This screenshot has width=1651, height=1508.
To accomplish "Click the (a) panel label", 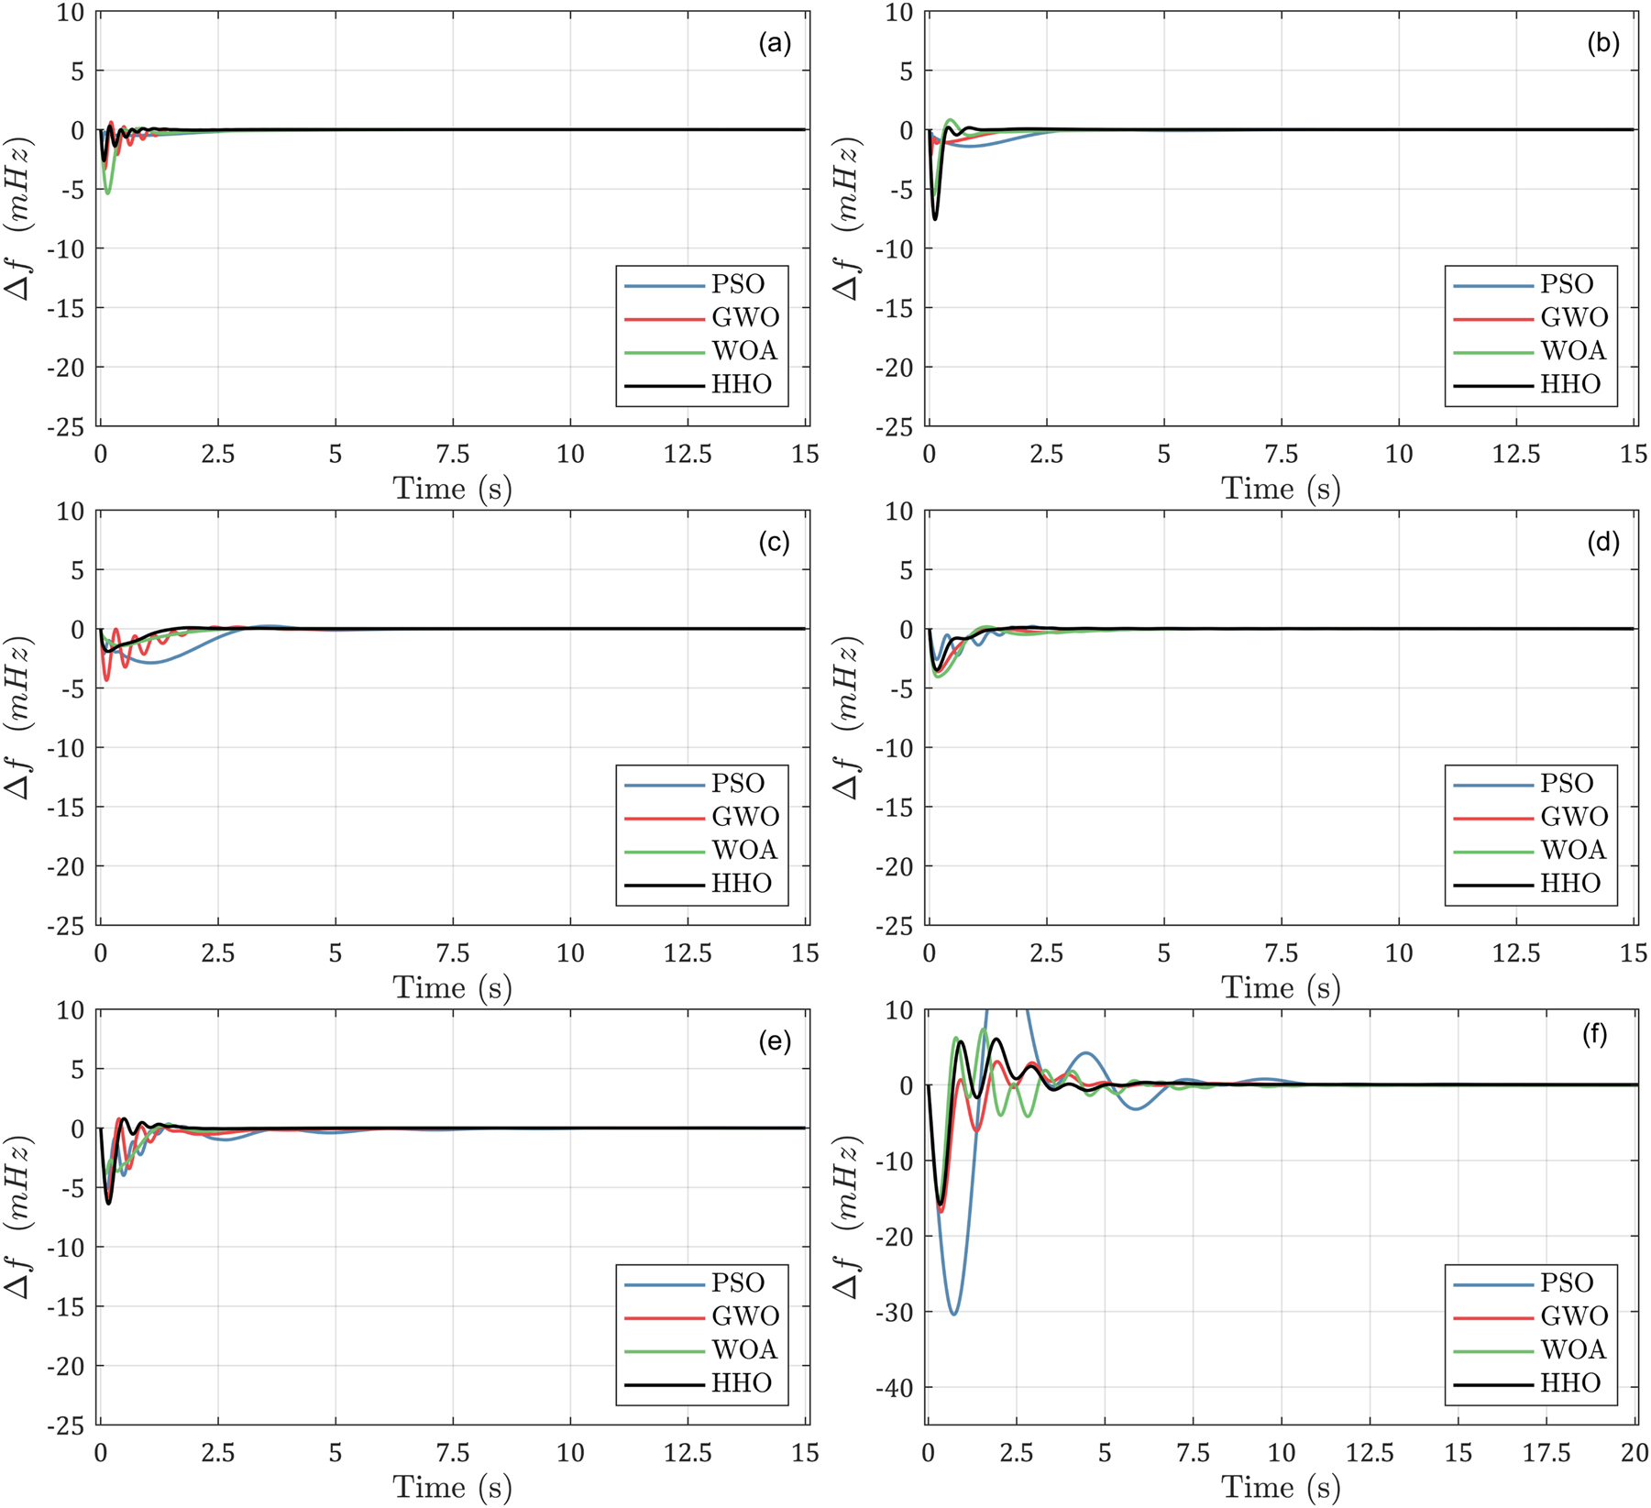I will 775,43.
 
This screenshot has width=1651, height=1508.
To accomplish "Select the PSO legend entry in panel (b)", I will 1567,284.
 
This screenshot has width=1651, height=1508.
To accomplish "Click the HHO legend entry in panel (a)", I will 742,384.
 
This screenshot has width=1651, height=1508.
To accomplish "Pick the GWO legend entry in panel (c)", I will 745,817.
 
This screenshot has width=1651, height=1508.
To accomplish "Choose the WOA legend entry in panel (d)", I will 1573,850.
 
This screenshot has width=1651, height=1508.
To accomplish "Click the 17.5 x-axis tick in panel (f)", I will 1546,1453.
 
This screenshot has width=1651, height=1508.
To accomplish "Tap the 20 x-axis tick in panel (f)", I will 1634,1453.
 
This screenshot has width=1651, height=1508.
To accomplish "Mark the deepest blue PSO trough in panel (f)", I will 954,1314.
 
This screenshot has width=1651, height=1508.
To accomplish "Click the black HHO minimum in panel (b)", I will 935,219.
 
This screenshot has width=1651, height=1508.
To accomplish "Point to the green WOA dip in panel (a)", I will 108,193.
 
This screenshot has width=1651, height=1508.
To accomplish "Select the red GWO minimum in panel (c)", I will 107,679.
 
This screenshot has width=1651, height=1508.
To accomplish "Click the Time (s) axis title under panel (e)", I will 452,1487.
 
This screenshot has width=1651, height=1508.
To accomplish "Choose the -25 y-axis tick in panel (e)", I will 70,1425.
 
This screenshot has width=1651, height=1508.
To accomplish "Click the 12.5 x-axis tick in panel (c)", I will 688,953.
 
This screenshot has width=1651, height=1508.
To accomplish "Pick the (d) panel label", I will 1602,543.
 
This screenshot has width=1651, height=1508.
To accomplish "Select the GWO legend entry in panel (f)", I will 1574,1316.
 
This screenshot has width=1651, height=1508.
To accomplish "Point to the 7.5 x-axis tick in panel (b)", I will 1282,455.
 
